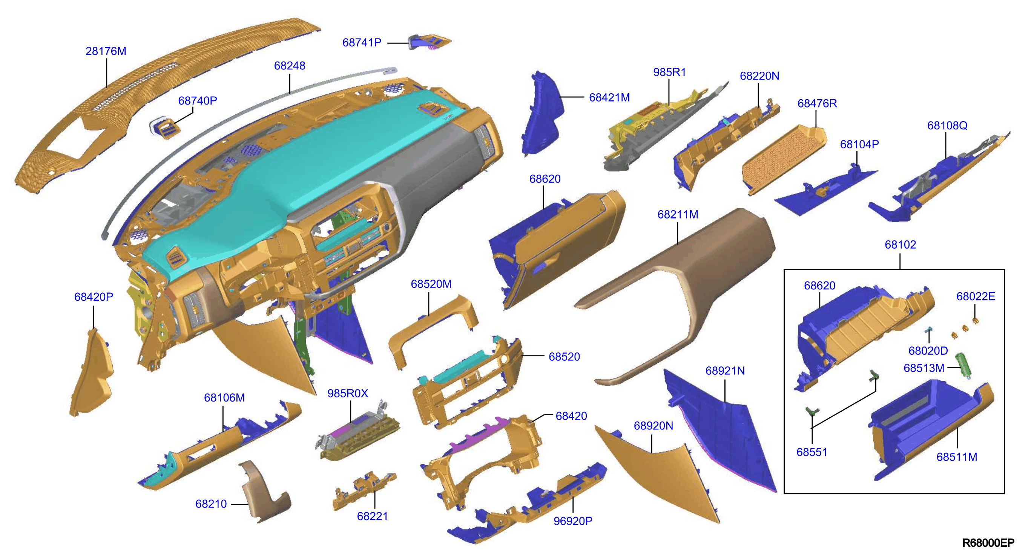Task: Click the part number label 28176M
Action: click(106, 51)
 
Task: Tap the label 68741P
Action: click(362, 42)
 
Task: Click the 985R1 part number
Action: click(669, 72)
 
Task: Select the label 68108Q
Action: click(947, 126)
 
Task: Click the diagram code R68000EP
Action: click(988, 543)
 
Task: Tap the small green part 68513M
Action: click(963, 366)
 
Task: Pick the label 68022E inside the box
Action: click(976, 297)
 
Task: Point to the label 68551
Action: click(812, 452)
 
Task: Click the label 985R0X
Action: click(348, 393)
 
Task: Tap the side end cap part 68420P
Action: click(92, 372)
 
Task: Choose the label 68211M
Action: click(678, 214)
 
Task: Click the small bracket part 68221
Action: click(363, 491)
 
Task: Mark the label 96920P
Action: click(573, 521)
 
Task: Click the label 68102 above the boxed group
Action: click(901, 245)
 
